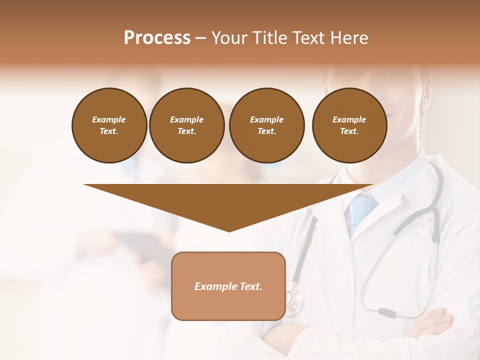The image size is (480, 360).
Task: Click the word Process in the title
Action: click(157, 38)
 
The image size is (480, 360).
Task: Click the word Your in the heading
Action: click(229, 38)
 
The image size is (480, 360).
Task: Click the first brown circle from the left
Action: click(109, 125)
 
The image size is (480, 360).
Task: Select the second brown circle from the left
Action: click(186, 125)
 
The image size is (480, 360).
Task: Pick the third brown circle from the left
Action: click(266, 125)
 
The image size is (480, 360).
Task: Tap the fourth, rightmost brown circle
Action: click(349, 125)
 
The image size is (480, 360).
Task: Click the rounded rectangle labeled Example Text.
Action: click(228, 286)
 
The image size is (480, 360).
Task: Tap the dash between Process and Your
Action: click(200, 38)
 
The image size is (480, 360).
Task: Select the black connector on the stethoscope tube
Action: click(387, 312)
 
